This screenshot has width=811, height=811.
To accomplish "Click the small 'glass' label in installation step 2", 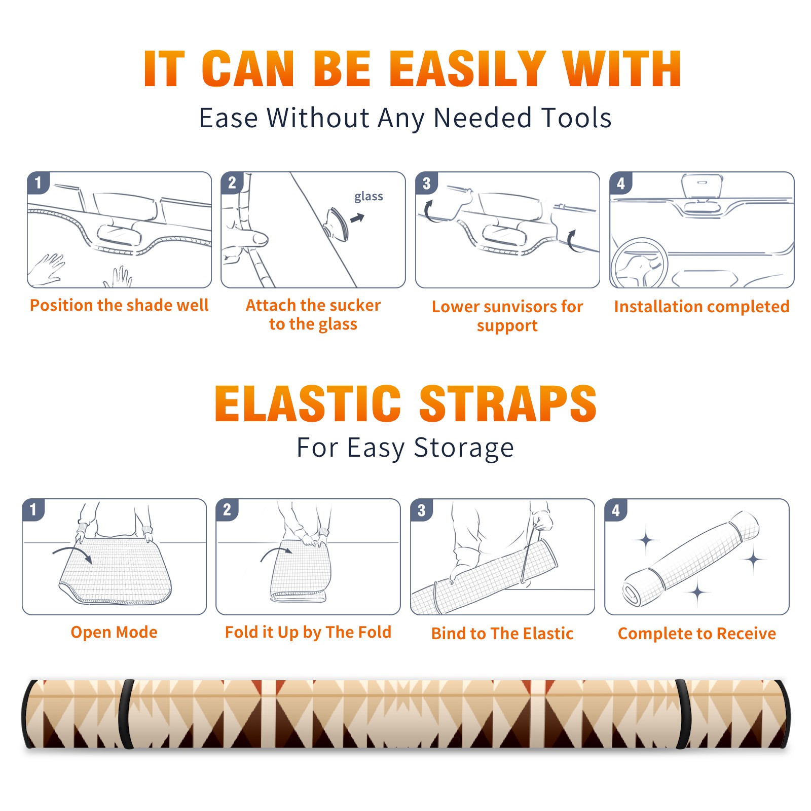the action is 368,197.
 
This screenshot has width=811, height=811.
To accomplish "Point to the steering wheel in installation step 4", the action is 640,264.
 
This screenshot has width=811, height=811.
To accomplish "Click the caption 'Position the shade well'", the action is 119,305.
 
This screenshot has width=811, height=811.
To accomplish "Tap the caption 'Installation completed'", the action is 702,307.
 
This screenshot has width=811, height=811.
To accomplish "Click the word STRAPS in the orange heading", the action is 508,403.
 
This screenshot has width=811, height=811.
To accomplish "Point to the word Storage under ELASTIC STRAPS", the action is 464,448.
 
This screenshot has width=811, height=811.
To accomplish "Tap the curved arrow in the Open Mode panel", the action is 72,554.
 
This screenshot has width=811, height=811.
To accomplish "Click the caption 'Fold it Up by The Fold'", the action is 308,633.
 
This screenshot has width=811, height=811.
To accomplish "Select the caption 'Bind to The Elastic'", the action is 502,634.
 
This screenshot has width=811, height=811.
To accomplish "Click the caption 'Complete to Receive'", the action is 697,634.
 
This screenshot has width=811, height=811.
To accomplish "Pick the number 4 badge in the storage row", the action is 616,510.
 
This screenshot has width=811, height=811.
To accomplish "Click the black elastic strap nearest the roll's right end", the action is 682,714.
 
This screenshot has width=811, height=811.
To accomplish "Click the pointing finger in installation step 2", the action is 248,238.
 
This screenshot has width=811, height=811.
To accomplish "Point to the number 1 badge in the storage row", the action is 33,510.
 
